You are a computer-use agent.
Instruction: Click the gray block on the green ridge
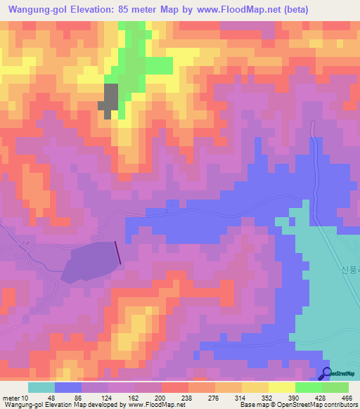[x=110, y=98]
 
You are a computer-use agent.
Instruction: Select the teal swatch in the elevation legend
[x=41, y=387]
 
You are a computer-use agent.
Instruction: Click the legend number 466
[x=347, y=398]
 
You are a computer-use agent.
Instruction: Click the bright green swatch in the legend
[x=308, y=387]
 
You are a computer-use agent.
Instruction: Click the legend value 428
[x=320, y=398]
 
